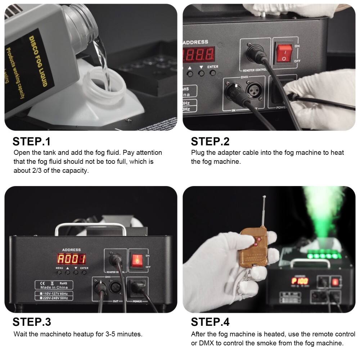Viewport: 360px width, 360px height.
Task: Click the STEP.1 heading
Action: (32, 141)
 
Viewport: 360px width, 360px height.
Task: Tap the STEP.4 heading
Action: (210, 321)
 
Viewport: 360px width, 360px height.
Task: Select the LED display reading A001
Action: (71, 259)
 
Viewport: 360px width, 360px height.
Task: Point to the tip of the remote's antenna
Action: (265, 197)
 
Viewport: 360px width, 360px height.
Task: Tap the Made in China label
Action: (54, 288)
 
